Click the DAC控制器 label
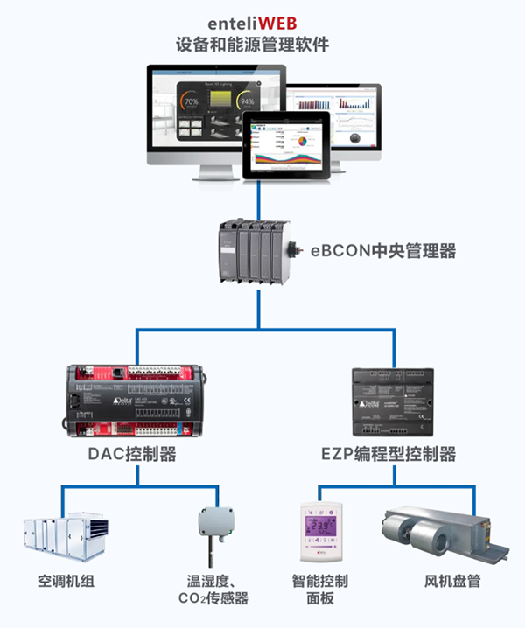132,455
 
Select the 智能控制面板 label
320,589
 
